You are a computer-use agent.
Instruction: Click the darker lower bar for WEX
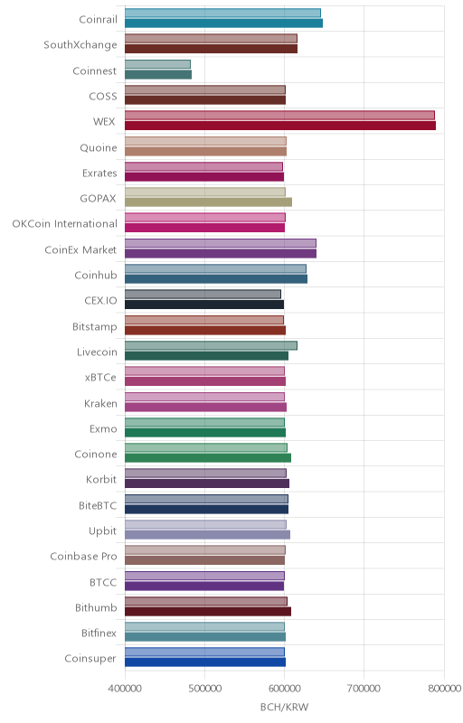coord(280,126)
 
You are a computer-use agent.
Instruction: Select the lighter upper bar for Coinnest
coord(157,64)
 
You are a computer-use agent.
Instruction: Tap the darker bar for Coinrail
coord(223,23)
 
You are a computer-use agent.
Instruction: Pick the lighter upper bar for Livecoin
coord(212,345)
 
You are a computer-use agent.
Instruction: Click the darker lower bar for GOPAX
coord(209,202)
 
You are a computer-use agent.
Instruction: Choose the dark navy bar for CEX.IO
coord(204,305)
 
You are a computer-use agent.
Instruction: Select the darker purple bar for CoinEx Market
coord(221,253)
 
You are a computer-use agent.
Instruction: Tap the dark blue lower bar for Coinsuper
coord(205,662)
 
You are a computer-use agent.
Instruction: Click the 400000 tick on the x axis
coord(125,689)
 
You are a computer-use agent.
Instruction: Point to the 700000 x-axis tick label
coord(364,689)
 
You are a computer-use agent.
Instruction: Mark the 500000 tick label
coord(204,689)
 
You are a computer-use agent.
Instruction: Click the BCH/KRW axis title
coord(285,707)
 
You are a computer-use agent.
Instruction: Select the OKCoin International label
coord(64,223)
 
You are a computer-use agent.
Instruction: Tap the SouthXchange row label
coord(80,44)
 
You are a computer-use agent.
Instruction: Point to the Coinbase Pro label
coord(83,556)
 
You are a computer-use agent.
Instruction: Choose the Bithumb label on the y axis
coord(96,607)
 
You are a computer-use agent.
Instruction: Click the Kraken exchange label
coord(100,403)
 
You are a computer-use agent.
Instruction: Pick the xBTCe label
coord(100,377)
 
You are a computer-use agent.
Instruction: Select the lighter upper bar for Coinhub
coord(215,268)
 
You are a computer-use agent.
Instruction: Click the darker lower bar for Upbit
coord(207,534)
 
